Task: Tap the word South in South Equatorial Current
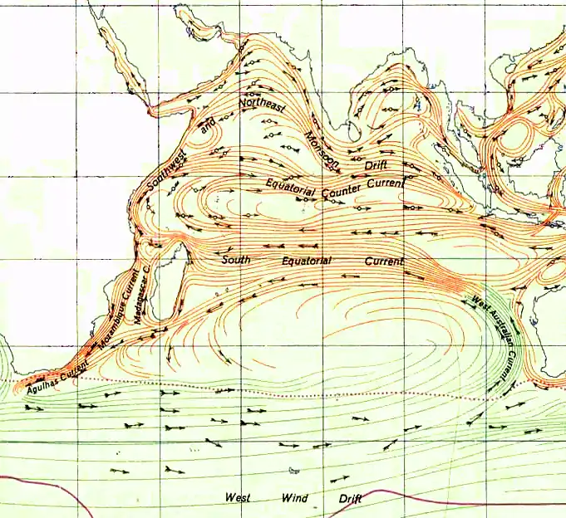[236, 260]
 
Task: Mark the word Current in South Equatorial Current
[384, 261]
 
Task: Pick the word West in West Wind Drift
[240, 497]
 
